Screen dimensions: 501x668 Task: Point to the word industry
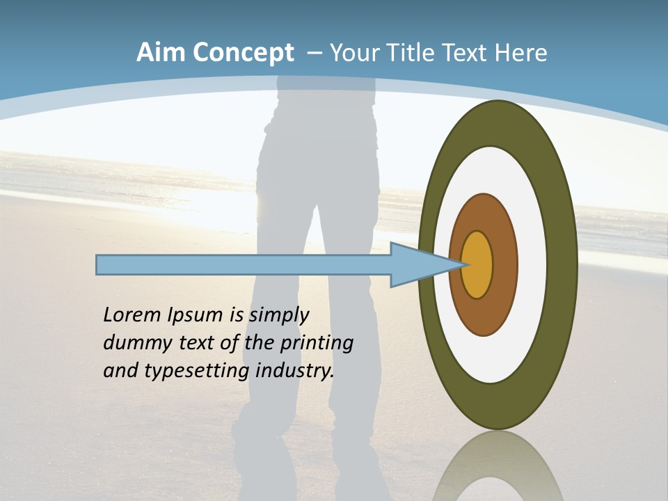pos(295,371)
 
